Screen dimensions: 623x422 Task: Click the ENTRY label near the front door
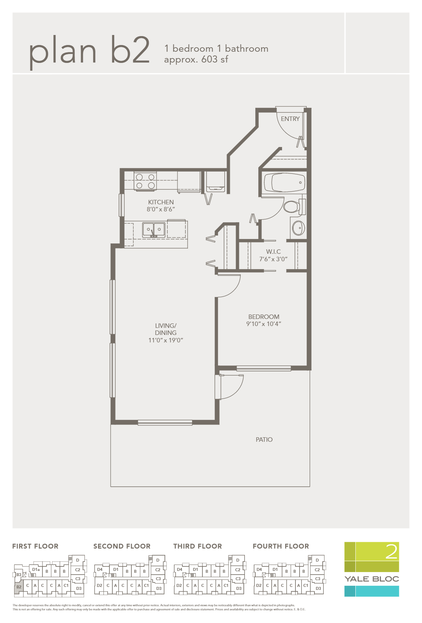coord(290,119)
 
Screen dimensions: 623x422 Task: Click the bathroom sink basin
coord(298,228)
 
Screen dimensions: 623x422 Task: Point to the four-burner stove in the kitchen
coord(145,181)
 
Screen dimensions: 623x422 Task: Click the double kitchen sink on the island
coord(154,230)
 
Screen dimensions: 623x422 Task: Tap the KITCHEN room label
coord(161,202)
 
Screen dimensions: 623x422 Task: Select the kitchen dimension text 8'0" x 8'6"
coord(161,209)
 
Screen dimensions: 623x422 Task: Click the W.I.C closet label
coord(273,252)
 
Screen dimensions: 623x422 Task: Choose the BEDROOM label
coord(263,317)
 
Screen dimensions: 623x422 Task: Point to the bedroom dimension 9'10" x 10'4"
coord(263,324)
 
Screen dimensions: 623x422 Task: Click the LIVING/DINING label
coord(166,329)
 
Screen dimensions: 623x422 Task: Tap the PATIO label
coord(264,440)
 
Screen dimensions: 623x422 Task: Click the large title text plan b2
coord(89,51)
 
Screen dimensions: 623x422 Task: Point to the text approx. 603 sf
coord(196,60)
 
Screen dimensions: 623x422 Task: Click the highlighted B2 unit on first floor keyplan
coord(19,587)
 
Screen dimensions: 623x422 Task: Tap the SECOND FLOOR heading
coord(122,546)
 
